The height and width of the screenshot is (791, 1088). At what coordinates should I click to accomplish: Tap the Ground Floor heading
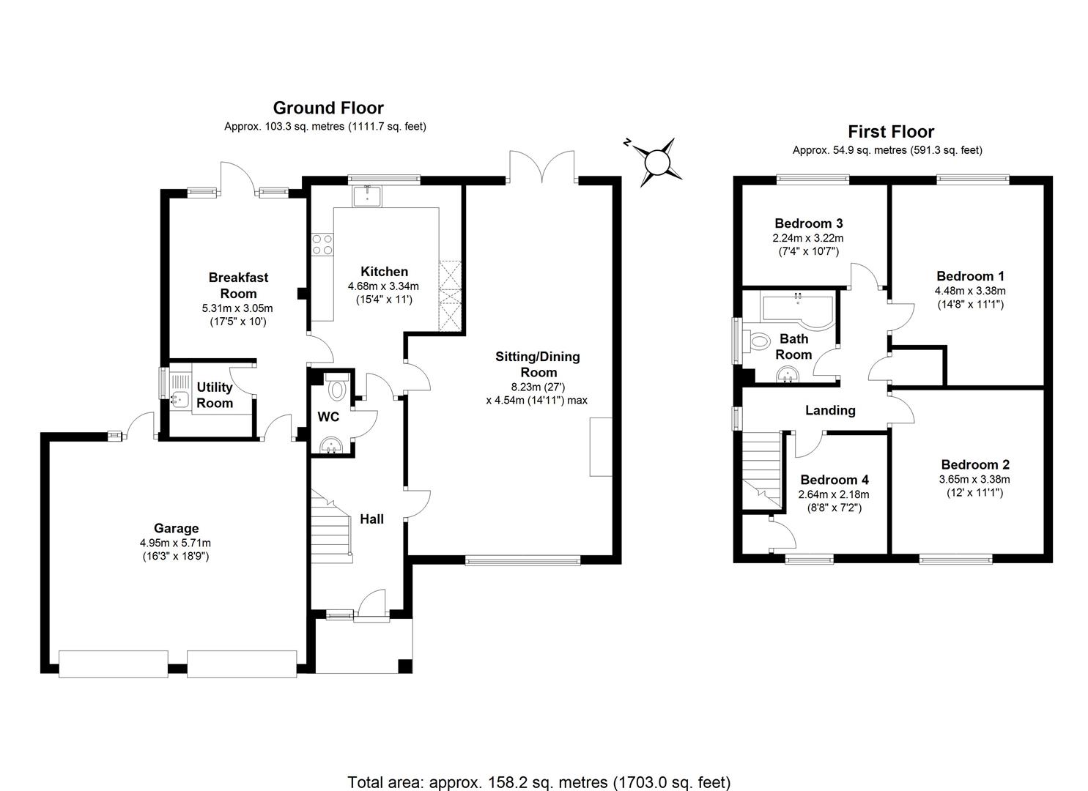tap(327, 108)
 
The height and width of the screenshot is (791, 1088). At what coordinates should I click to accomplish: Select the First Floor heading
tap(891, 132)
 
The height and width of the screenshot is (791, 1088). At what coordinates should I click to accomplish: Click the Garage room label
tap(176, 528)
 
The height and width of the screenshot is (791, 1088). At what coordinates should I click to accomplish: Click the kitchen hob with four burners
tap(322, 244)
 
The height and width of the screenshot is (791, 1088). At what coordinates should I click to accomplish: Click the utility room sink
tap(179, 400)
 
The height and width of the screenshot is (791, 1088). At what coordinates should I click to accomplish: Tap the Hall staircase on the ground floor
tap(332, 526)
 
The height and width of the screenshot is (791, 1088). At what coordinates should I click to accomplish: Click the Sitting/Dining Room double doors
tap(542, 168)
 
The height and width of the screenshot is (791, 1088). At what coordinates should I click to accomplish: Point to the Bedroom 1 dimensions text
tap(970, 297)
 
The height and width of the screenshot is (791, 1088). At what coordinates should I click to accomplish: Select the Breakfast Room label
tap(238, 285)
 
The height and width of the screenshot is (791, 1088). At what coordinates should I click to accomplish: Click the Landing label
tap(829, 410)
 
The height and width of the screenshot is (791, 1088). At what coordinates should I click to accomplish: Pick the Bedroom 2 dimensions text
tap(974, 486)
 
